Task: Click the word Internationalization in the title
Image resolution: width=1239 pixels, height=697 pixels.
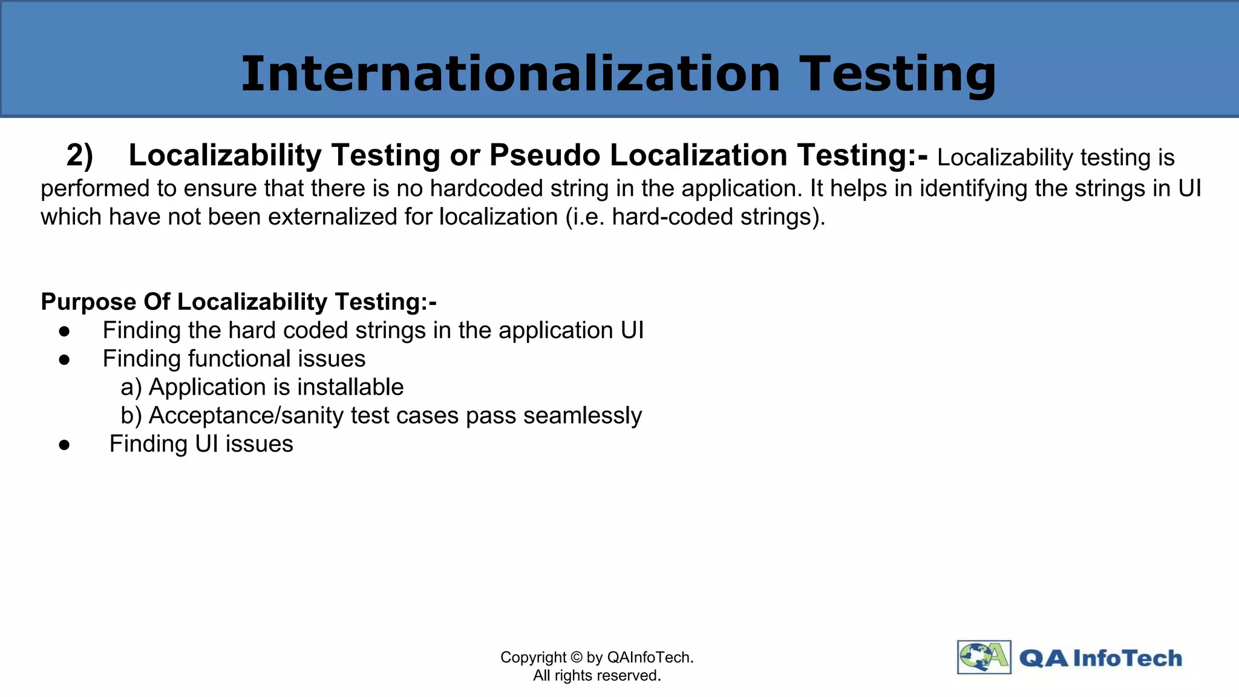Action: (511, 74)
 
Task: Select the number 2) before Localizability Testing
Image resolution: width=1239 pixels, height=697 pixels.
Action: (79, 155)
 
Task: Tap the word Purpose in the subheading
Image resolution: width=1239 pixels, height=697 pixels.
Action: (88, 301)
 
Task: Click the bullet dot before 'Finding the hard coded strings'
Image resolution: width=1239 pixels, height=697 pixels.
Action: (65, 331)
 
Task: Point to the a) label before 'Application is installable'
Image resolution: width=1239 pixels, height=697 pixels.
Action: (131, 387)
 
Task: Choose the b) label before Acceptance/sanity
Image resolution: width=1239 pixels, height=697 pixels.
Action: (131, 416)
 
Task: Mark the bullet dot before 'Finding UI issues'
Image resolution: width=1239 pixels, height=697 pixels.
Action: (65, 445)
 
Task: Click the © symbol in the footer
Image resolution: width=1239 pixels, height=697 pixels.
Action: (576, 658)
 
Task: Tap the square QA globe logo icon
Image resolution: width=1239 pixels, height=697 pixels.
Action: (984, 657)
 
